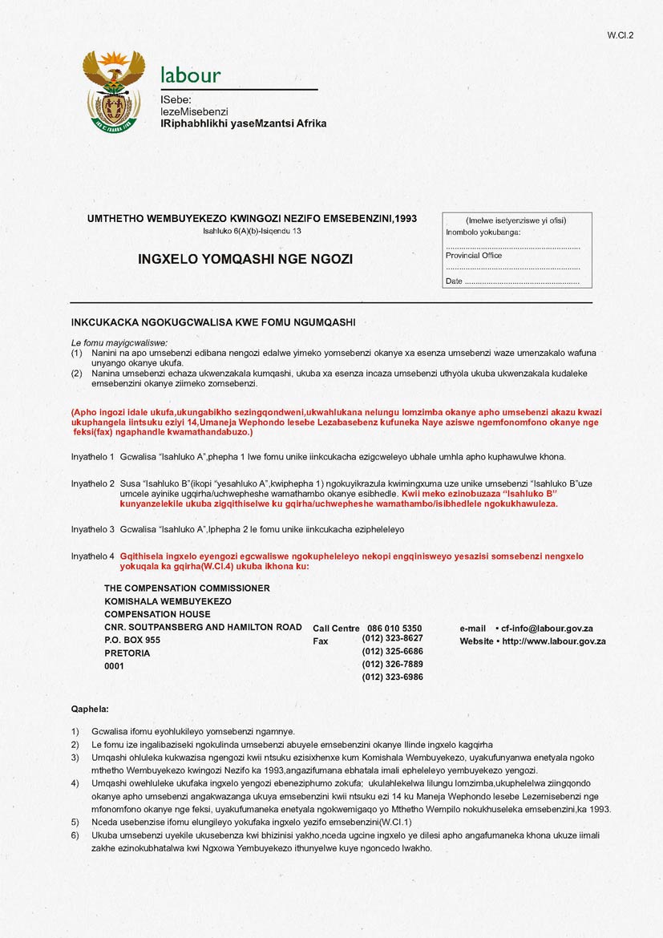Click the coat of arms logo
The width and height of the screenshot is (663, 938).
coord(114,91)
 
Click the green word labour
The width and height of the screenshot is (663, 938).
coord(190,76)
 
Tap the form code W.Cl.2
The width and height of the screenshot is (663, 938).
coord(621,35)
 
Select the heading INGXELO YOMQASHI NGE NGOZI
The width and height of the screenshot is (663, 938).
coord(245,259)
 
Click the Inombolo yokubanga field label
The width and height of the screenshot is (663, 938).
coord(483,232)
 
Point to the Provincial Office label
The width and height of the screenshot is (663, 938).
coord(474,256)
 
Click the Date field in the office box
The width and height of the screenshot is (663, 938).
coord(513,281)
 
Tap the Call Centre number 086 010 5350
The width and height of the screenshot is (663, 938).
coord(394,629)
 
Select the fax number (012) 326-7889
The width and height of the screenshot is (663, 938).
coord(393,664)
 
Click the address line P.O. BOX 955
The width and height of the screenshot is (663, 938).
coord(132,641)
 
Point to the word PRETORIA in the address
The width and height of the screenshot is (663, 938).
coord(127,653)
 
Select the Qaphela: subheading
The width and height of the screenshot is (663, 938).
coord(90,710)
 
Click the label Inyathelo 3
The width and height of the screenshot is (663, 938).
coord(93,530)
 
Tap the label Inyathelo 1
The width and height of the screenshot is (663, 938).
coord(93,456)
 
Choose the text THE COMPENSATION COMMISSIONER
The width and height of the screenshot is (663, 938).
coord(187,588)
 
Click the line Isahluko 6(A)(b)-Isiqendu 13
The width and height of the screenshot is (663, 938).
coord(252,231)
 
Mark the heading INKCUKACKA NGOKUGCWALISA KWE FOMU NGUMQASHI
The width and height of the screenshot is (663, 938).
coord(213,322)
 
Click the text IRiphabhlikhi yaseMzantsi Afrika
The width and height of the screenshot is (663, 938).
coord(244,123)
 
